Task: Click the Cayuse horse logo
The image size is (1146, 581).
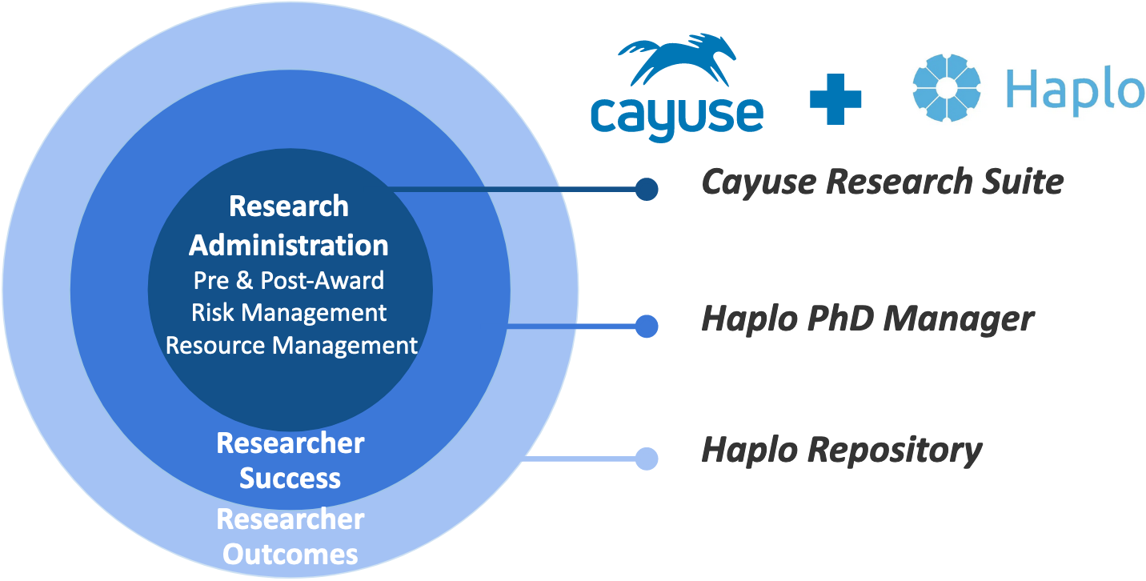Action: pyautogui.click(x=677, y=59)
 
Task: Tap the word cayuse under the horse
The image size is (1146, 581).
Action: pyautogui.click(x=677, y=114)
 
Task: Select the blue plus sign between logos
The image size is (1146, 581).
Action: pyautogui.click(x=835, y=98)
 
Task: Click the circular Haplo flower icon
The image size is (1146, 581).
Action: pyautogui.click(x=947, y=88)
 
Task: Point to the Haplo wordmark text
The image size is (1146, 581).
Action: pyautogui.click(x=1074, y=90)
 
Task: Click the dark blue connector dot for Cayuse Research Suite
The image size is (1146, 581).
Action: pyautogui.click(x=647, y=189)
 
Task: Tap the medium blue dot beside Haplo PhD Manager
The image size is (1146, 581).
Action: pyautogui.click(x=647, y=326)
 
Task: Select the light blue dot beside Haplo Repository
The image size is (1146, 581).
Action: pyautogui.click(x=647, y=459)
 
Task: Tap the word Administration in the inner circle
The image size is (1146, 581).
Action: pyautogui.click(x=289, y=245)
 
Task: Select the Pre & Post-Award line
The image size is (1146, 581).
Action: pyautogui.click(x=289, y=280)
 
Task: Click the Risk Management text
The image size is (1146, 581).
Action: pyautogui.click(x=289, y=312)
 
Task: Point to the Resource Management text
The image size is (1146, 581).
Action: pyautogui.click(x=291, y=345)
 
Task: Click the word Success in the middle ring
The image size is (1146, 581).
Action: pyautogui.click(x=290, y=479)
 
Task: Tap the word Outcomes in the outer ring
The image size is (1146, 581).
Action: pyautogui.click(x=290, y=554)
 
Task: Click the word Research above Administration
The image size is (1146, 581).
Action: pyautogui.click(x=289, y=206)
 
